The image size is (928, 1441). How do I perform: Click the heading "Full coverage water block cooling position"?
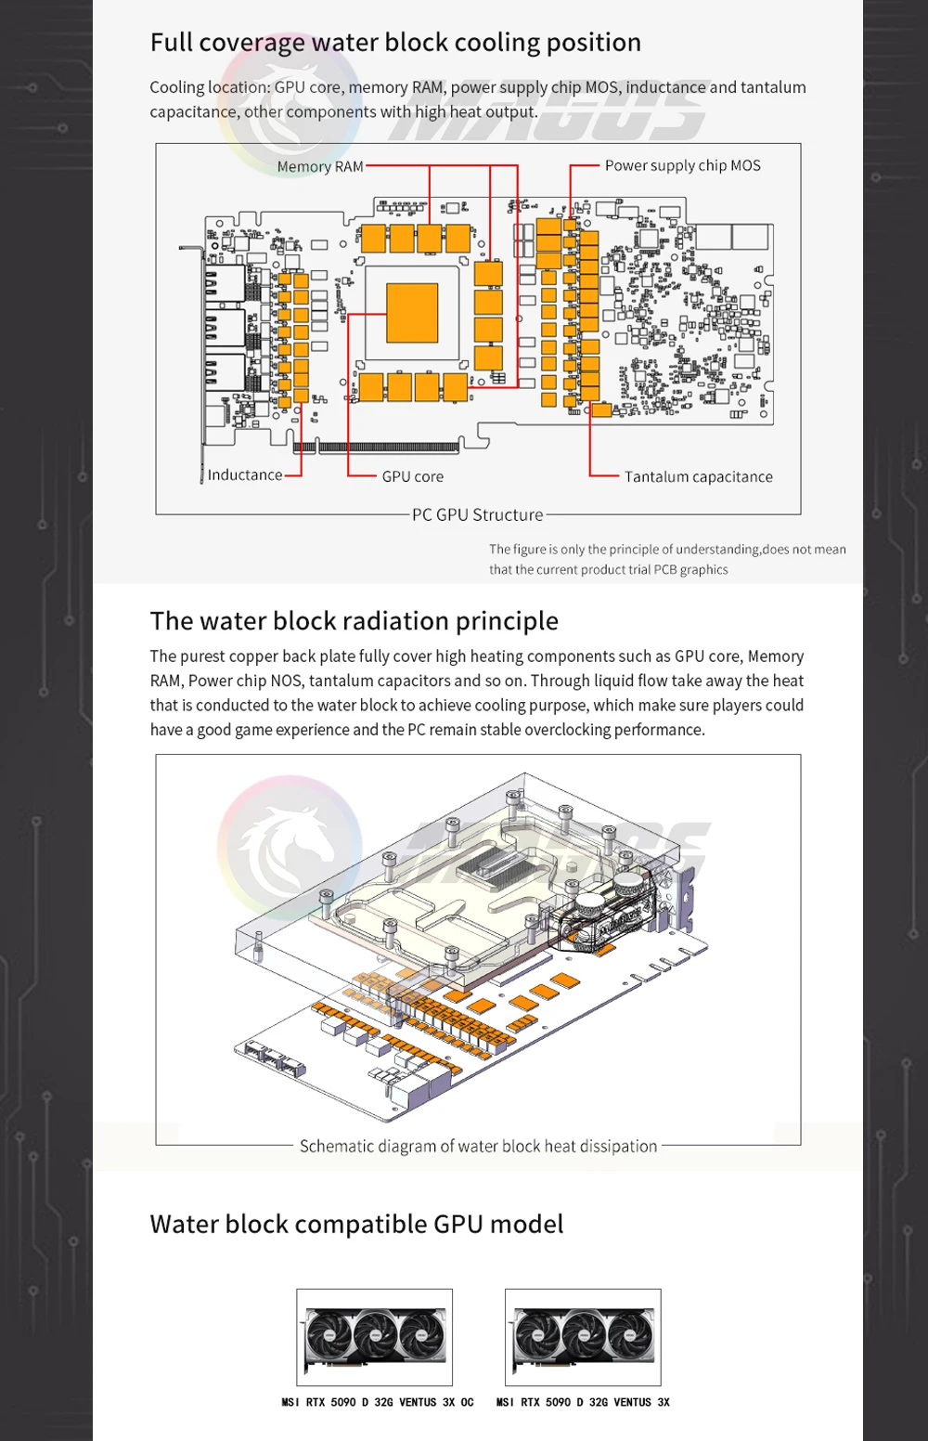[395, 43]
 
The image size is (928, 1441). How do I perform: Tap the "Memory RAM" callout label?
[320, 167]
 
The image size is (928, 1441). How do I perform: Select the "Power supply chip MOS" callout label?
[682, 165]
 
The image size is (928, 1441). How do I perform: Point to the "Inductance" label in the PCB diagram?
[245, 475]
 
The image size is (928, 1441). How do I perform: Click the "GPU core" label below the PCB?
[413, 476]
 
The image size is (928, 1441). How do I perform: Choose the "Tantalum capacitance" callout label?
[698, 476]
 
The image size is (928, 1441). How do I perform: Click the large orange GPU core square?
[411, 313]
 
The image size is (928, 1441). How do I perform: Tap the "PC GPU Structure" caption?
[478, 514]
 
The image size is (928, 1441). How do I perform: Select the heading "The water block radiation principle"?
[354, 620]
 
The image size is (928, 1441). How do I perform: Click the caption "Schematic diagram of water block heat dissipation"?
[478, 1146]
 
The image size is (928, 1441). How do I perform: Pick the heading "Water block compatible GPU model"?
[356, 1224]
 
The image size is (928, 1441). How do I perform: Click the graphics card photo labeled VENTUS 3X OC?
[375, 1337]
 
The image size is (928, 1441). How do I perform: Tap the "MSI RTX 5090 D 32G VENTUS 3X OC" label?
[378, 1402]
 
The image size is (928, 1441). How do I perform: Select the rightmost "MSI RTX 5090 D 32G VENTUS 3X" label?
[583, 1402]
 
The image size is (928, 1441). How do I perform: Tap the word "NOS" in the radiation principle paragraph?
[287, 681]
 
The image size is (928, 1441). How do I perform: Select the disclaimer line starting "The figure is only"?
[667, 550]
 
